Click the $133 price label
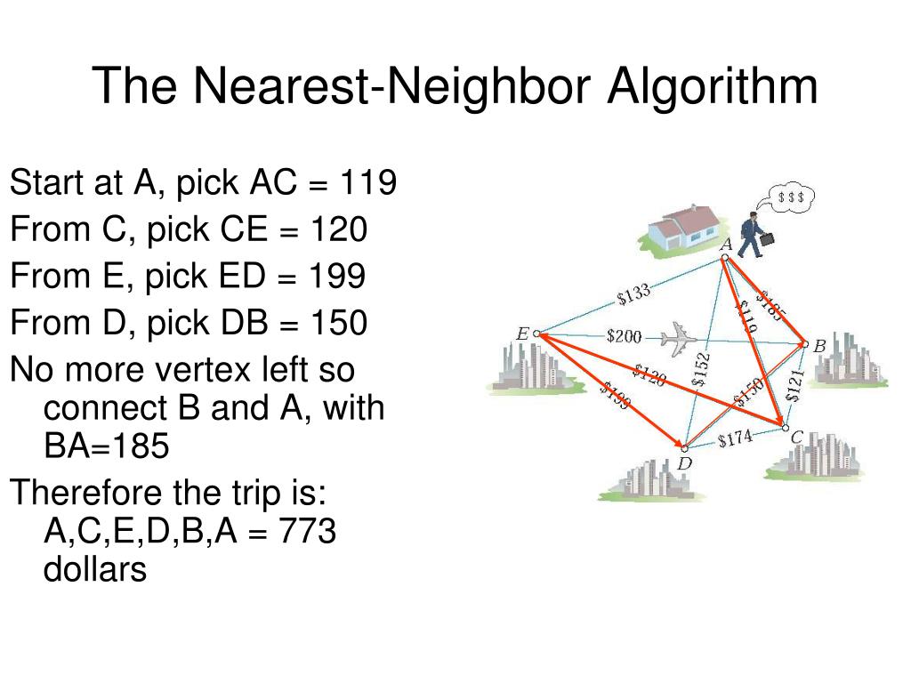click(634, 294)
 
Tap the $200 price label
click(623, 336)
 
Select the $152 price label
click(702, 369)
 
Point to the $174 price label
click(735, 438)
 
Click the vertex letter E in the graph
click(522, 334)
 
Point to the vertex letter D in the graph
click(683, 463)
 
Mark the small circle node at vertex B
click(805, 343)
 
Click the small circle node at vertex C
click(785, 429)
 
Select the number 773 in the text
click(307, 532)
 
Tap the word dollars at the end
click(94, 569)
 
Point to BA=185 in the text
click(106, 446)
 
